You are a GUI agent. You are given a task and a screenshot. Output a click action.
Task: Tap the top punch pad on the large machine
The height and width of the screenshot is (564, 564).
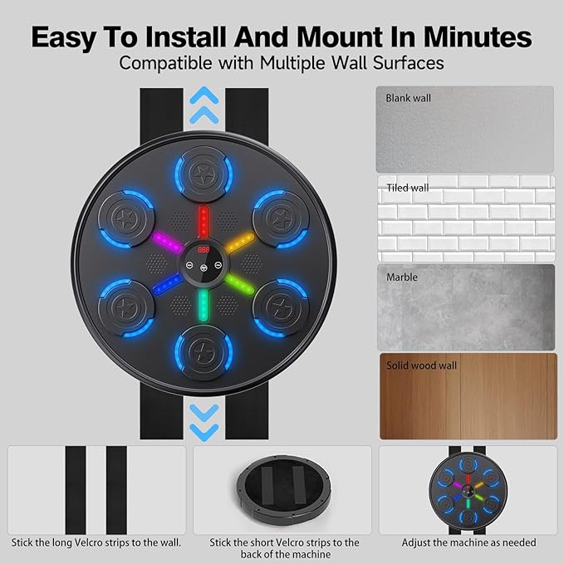(x=203, y=175)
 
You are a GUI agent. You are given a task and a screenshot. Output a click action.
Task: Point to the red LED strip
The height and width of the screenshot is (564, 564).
(x=203, y=222)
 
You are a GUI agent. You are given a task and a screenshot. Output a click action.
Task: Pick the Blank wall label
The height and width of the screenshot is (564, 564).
(x=409, y=98)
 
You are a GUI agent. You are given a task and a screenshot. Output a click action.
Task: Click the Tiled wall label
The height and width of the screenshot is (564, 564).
(x=407, y=188)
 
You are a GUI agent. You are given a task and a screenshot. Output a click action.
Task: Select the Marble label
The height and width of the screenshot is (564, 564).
(x=401, y=277)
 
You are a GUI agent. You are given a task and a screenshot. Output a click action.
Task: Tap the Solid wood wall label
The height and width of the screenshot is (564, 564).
(x=421, y=365)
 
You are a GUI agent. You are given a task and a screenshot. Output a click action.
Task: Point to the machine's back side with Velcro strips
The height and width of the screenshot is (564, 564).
(x=282, y=488)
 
